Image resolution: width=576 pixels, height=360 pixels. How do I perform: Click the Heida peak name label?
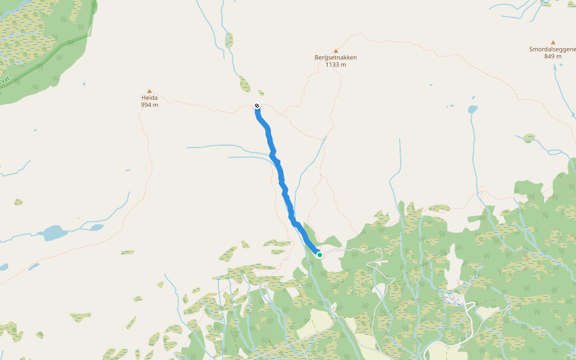tap(149, 97)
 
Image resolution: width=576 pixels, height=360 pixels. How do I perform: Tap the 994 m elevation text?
tap(149, 105)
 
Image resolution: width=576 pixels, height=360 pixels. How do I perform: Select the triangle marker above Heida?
tap(149, 91)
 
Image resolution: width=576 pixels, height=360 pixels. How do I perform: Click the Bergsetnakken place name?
tap(336, 58)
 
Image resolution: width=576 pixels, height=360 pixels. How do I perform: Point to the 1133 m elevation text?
tap(336, 64)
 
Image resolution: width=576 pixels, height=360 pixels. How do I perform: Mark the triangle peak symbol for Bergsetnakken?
tap(336, 51)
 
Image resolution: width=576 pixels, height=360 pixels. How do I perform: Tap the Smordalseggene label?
tap(552, 49)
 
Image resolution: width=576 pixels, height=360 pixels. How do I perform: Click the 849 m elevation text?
tap(553, 56)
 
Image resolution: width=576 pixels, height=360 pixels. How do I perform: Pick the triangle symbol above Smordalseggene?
tap(553, 43)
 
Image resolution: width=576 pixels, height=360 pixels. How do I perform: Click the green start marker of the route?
tap(320, 255)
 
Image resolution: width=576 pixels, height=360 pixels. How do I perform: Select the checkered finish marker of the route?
tap(257, 106)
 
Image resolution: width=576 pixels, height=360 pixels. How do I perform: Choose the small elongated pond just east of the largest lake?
tap(96, 227)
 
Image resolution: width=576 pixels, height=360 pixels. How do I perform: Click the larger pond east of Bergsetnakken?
tap(473, 110)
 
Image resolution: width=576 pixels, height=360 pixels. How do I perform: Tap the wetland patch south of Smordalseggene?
tap(529, 138)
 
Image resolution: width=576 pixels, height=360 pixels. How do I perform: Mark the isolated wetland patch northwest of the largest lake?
tap(18, 202)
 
